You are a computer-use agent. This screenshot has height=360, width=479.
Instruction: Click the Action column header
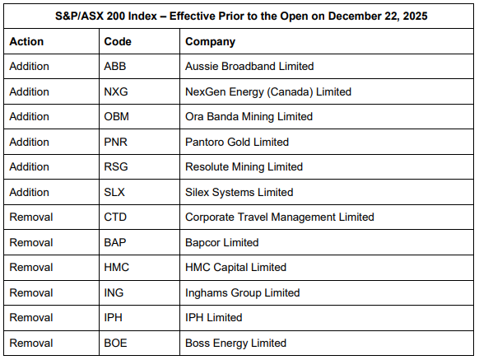click(26, 41)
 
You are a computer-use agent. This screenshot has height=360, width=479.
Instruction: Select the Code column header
click(118, 41)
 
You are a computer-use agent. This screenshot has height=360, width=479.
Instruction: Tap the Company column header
click(210, 41)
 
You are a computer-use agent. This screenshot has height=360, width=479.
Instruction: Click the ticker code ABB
click(116, 66)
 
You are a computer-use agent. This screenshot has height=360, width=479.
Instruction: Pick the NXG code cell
click(117, 91)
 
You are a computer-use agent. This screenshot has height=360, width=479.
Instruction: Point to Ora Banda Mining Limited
click(249, 117)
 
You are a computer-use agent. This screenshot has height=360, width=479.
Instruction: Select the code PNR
click(117, 142)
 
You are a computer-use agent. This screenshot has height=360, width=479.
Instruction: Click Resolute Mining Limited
click(244, 167)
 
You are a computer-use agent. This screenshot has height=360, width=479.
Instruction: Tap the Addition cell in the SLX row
click(29, 192)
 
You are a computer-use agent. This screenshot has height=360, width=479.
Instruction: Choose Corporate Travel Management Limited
click(279, 217)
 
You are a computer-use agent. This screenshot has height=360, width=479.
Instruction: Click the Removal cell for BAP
click(30, 242)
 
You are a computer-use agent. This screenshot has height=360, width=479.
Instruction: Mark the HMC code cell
click(117, 268)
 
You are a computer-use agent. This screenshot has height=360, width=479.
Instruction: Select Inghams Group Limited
click(242, 292)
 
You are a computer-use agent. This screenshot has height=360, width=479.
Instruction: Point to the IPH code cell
click(114, 318)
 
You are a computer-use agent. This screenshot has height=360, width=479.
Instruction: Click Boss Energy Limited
click(235, 343)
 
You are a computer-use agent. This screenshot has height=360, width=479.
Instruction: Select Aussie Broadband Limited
click(249, 66)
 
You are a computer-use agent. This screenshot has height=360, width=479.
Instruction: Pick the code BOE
click(117, 343)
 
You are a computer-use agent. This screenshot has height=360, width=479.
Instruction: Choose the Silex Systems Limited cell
click(239, 192)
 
